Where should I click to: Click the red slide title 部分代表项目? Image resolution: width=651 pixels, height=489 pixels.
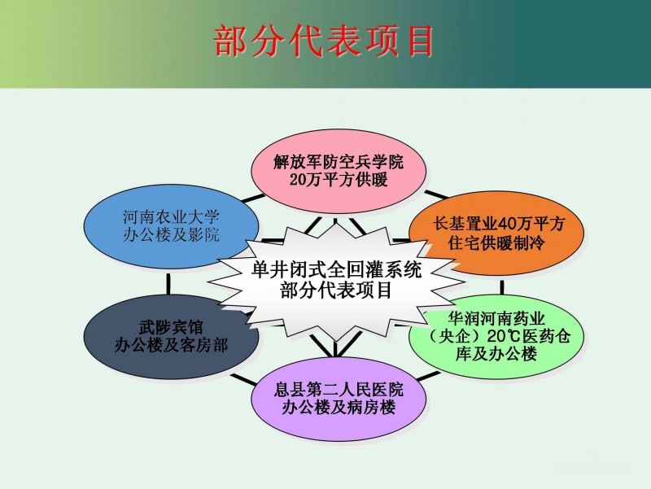324,41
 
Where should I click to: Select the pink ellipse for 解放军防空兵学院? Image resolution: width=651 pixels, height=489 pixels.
339,171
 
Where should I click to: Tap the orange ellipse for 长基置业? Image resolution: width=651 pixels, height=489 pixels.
496,233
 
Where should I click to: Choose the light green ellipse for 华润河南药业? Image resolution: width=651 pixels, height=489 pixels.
496,336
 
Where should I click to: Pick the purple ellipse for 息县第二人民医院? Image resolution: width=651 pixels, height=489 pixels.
339,399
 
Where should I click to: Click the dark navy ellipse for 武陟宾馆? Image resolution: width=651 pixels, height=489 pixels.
171,336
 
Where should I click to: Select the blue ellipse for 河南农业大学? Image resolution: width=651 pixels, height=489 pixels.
171,227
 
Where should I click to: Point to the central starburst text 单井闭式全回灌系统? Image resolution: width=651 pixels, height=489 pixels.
336,270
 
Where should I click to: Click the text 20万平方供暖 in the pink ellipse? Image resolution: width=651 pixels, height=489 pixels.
339,180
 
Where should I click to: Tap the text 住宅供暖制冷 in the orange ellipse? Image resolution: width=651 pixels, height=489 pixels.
496,242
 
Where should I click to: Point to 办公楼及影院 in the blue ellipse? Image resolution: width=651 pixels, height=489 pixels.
171,235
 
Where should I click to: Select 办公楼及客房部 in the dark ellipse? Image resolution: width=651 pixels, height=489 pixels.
171,344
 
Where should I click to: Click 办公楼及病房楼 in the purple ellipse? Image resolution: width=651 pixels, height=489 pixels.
339,407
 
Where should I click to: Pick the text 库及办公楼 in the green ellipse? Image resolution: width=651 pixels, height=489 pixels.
496,354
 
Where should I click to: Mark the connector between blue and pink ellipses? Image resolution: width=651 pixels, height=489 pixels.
253,199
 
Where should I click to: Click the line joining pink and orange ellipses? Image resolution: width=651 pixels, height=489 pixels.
436,194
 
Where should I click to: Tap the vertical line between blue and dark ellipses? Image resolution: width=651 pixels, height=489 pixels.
168,284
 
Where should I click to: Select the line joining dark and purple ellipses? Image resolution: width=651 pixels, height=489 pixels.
242,379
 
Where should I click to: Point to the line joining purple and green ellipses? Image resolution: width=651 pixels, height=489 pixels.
428,377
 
